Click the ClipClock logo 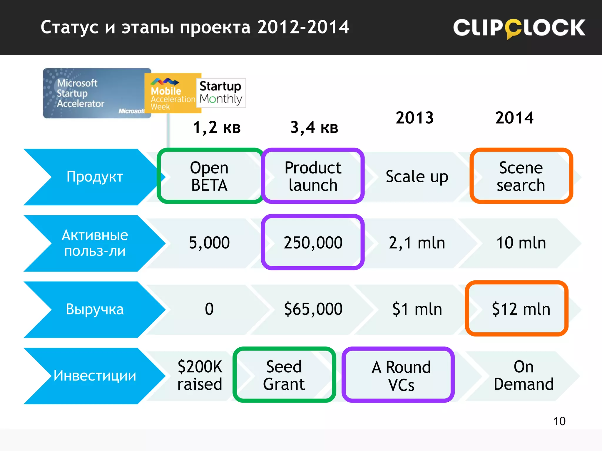point(519,28)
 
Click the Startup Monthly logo point(221,93)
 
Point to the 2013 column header point(414,118)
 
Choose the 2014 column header point(514,118)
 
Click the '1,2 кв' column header point(217,128)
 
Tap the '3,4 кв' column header point(314,128)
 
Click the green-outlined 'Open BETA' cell point(209,176)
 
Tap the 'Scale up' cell point(417,177)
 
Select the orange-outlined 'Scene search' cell point(521,176)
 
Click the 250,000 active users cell point(313,243)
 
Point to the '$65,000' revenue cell point(313,309)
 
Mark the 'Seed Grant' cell point(284,375)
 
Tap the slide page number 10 point(559,421)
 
